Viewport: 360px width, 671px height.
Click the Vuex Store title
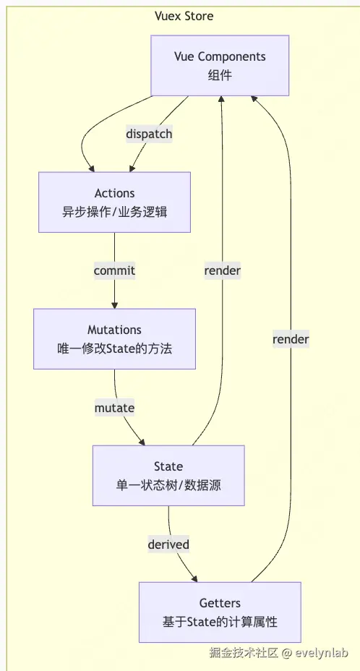(x=184, y=17)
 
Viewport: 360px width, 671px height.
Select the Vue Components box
(x=220, y=66)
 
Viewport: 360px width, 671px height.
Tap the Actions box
(x=114, y=202)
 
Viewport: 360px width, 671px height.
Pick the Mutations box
(x=114, y=338)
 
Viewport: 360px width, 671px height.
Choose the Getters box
(x=220, y=612)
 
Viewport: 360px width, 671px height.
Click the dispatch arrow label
(x=149, y=134)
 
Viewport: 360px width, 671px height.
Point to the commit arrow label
(x=114, y=270)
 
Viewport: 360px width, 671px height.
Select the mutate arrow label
(x=114, y=407)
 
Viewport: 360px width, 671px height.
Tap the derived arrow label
(x=168, y=544)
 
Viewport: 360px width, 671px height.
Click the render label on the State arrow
(x=222, y=270)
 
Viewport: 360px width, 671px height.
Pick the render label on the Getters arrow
(x=291, y=339)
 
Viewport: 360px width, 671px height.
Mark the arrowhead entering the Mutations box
(x=114, y=305)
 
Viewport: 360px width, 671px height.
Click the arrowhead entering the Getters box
(x=194, y=578)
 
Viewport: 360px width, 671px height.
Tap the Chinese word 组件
(x=220, y=76)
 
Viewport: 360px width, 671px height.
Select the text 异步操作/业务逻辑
(x=115, y=213)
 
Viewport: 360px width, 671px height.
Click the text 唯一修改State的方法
(x=115, y=349)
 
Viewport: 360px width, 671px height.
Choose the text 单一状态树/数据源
(x=168, y=486)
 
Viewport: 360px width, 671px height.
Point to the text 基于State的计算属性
(x=220, y=623)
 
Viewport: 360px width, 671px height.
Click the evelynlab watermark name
(x=321, y=653)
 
